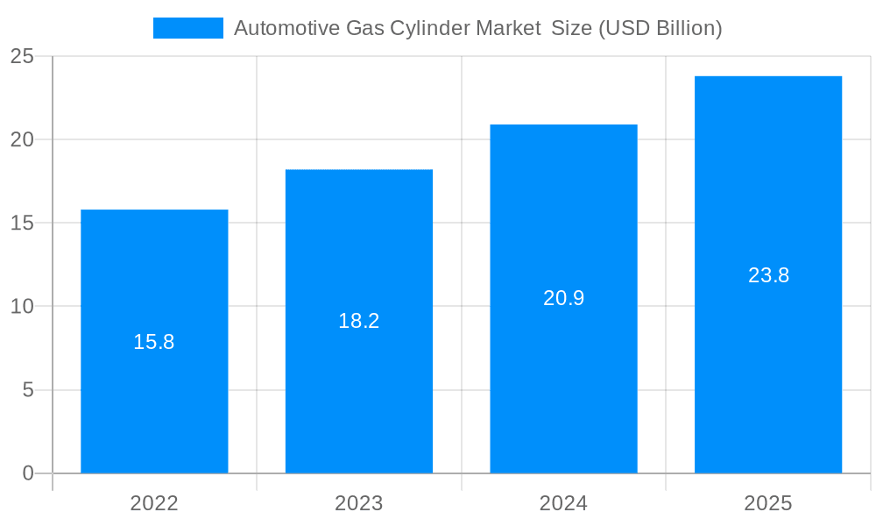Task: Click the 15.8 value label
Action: pyautogui.click(x=154, y=342)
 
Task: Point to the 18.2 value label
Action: pyautogui.click(x=359, y=321)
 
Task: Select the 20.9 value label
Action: pyautogui.click(x=563, y=298)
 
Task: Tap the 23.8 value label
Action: pyautogui.click(x=768, y=275)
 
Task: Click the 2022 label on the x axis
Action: pyautogui.click(x=154, y=503)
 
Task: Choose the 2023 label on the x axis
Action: pyautogui.click(x=359, y=503)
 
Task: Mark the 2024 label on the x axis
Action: pyautogui.click(x=563, y=503)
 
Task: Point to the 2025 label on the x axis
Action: pyautogui.click(x=768, y=503)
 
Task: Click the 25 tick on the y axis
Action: pyautogui.click(x=22, y=57)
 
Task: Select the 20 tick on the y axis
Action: pyautogui.click(x=22, y=140)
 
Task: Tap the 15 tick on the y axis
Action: pyautogui.click(x=22, y=224)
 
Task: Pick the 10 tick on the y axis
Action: pyautogui.click(x=22, y=307)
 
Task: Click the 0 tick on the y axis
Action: pyautogui.click(x=27, y=473)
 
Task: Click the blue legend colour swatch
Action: pyautogui.click(x=188, y=28)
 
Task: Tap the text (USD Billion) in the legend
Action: pyautogui.click(x=661, y=28)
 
